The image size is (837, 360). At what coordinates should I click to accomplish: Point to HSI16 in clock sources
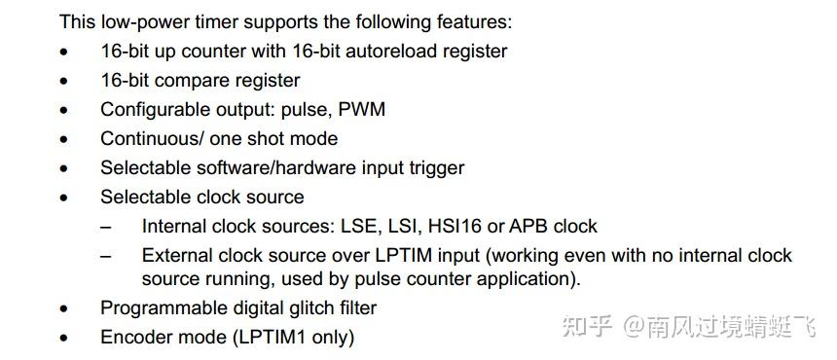[455, 226]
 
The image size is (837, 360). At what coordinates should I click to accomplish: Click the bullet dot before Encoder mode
[64, 339]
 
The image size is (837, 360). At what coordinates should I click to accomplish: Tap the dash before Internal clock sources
[107, 227]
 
